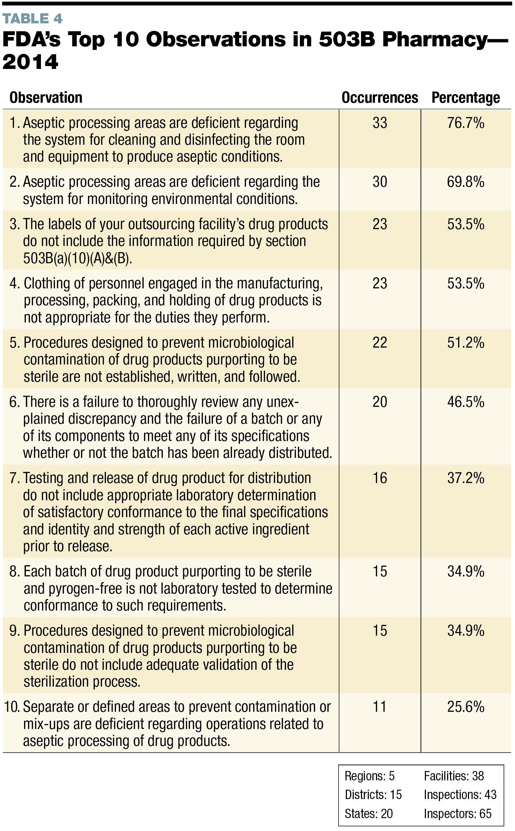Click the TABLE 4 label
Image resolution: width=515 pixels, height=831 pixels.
[32, 19]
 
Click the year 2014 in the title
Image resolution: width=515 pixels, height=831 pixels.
[30, 62]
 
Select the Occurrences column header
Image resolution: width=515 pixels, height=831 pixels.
[380, 98]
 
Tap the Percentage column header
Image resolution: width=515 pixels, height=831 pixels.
[465, 98]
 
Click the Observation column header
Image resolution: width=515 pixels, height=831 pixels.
[46, 98]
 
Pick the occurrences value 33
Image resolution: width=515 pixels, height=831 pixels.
[380, 123]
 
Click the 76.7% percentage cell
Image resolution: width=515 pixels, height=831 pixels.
[465, 123]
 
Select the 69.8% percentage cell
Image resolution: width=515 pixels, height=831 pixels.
[465, 182]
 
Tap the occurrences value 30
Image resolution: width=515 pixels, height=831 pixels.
[380, 182]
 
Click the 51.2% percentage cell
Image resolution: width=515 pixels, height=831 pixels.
[465, 343]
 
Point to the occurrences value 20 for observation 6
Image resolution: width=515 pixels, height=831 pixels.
[380, 402]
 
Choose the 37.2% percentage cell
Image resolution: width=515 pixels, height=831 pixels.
[465, 478]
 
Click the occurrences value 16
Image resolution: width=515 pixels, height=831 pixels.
[380, 478]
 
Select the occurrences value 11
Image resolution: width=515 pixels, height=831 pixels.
[380, 707]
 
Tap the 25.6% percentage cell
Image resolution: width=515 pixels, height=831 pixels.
[465, 707]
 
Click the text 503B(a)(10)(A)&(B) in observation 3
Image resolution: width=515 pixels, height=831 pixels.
[78, 259]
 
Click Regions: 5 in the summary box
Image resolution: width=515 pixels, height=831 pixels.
[369, 776]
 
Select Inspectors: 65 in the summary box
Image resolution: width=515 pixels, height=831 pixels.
[457, 813]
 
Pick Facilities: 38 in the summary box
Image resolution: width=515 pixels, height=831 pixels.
[454, 776]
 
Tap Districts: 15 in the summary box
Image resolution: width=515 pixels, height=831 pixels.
[373, 795]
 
